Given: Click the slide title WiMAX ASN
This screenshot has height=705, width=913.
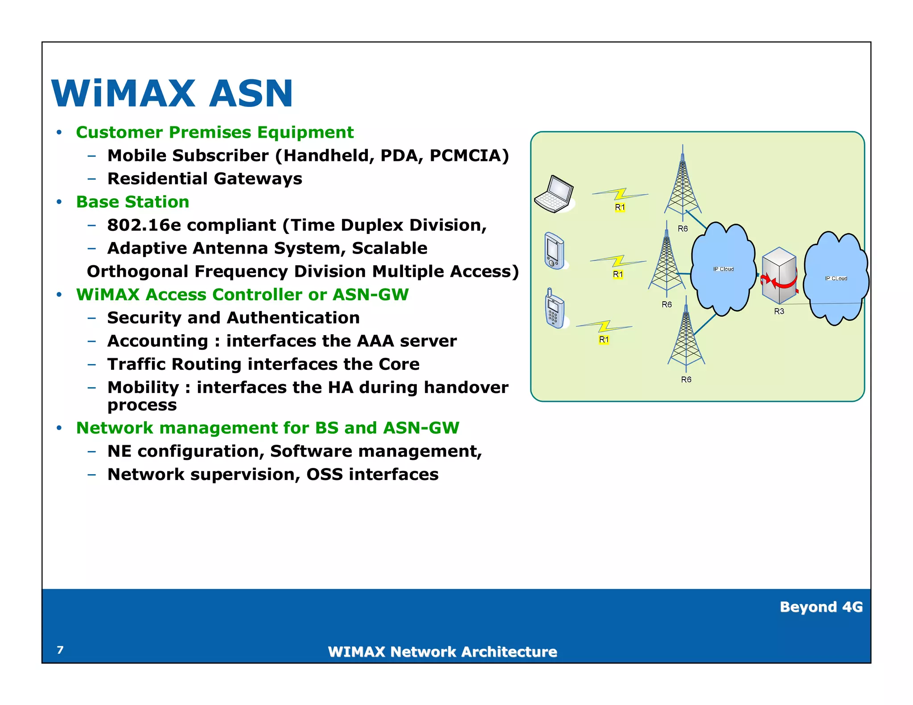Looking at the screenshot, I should (x=172, y=94).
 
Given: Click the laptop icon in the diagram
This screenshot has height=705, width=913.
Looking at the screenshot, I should (x=554, y=194).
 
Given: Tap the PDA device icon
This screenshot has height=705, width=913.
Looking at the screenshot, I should (x=554, y=251).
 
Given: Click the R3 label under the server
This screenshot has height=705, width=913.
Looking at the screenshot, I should (x=779, y=312).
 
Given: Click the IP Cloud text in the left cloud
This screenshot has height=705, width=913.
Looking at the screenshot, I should (x=723, y=269).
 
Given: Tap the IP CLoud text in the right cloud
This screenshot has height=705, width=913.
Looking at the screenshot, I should (x=836, y=279).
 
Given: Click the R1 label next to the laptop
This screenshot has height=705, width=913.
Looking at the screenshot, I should (x=620, y=207).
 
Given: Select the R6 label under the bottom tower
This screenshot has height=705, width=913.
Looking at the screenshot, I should (x=686, y=380).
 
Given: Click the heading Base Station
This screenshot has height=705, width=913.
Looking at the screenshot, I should (x=132, y=202).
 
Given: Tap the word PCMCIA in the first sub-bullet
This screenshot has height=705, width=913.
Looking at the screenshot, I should (x=469, y=156).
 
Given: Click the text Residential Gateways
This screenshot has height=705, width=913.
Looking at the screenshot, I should (x=205, y=179).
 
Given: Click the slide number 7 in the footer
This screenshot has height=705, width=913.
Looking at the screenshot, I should (x=60, y=650).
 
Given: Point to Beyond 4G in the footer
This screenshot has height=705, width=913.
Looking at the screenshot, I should (x=821, y=607).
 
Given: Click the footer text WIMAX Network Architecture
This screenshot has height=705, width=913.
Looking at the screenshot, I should (x=442, y=652).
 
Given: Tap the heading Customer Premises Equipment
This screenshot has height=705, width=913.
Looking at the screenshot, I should (x=214, y=132).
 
